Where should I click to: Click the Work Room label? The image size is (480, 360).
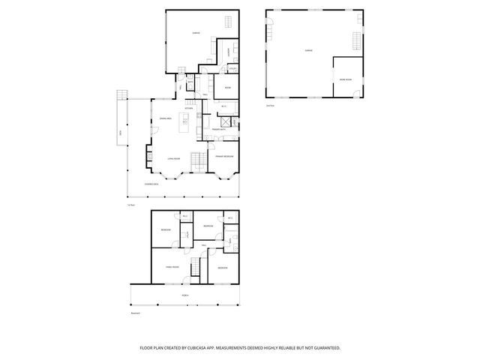click(345, 78)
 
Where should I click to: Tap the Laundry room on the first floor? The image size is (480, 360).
click(228, 52)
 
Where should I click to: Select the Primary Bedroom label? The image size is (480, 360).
click(224, 157)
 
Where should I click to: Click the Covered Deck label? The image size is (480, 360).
click(140, 183)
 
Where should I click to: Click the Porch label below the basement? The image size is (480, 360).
click(184, 295)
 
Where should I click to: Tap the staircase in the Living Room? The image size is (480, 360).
click(197, 160)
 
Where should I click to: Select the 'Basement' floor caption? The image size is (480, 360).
click(135, 314)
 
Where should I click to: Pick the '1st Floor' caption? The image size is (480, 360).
click(130, 204)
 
